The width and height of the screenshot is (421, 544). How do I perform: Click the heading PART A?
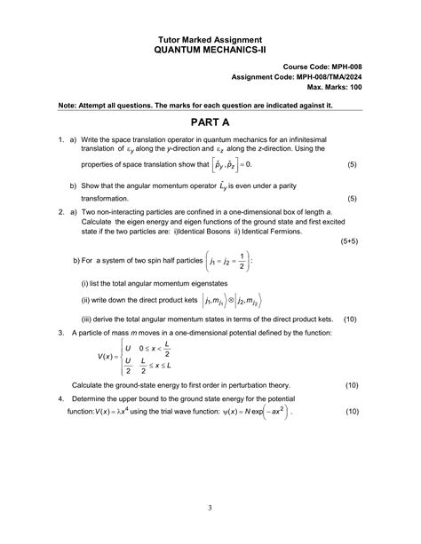click(x=210, y=122)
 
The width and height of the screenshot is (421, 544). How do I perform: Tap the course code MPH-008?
click(x=343, y=67)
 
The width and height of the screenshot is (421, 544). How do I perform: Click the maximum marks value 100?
click(x=354, y=88)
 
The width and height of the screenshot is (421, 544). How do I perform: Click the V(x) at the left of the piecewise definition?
click(x=109, y=356)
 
